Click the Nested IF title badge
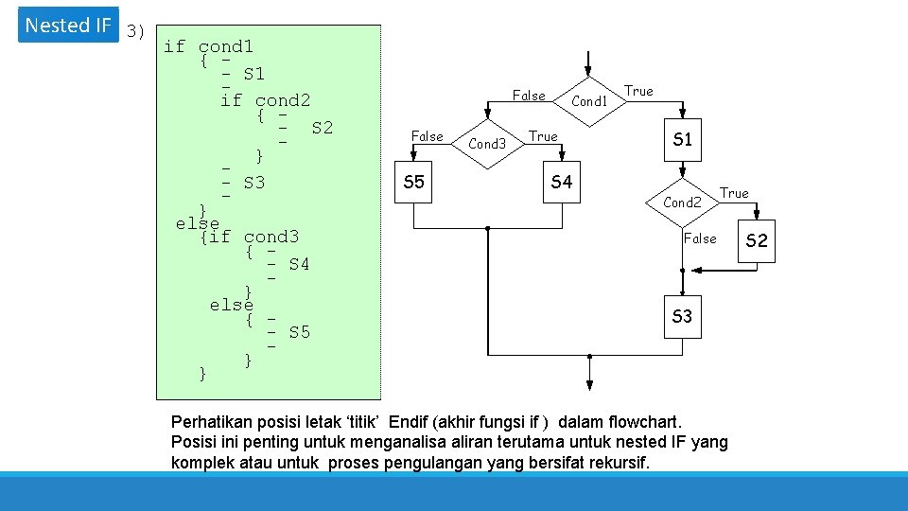click(68, 26)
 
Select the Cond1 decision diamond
click(589, 100)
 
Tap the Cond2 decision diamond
click(682, 202)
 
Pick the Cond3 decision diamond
click(488, 144)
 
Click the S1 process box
click(682, 140)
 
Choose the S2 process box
click(757, 241)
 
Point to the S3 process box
click(682, 316)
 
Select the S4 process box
click(562, 182)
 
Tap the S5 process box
click(414, 182)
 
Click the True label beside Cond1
click(638, 91)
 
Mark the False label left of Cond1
click(529, 95)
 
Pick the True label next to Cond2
click(734, 193)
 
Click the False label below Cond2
click(700, 238)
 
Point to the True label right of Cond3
click(543, 136)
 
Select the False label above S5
click(428, 136)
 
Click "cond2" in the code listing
click(283, 100)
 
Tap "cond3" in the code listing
click(271, 237)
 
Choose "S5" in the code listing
click(300, 332)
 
